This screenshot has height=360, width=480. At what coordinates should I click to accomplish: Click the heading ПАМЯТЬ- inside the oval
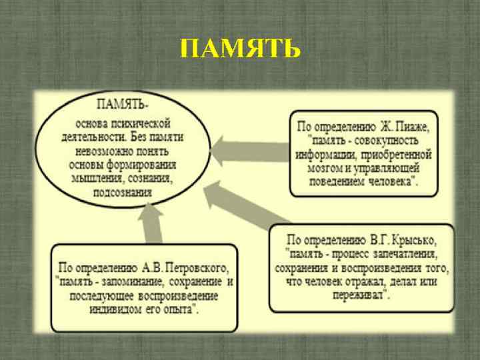coord(123,105)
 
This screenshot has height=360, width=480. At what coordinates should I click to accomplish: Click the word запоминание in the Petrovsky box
coord(134,282)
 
